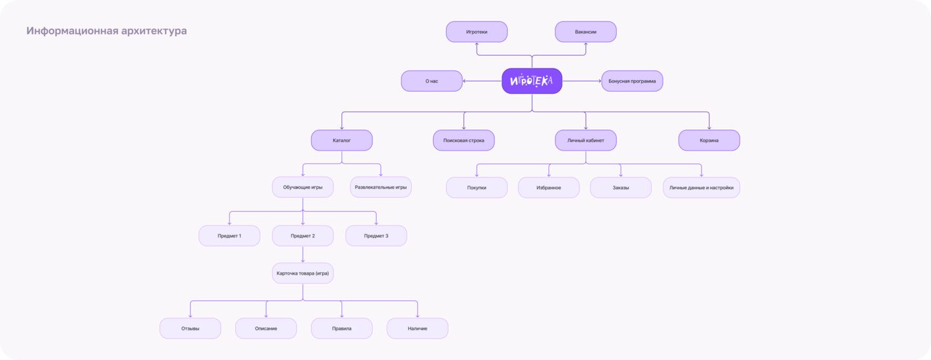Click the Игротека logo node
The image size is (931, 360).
click(532, 81)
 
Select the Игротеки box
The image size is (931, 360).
click(476, 32)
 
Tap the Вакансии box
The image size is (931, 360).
click(586, 32)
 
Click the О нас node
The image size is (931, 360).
click(432, 81)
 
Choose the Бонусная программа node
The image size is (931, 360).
click(632, 81)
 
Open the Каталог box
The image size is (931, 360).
click(341, 140)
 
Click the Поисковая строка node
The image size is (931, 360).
click(464, 140)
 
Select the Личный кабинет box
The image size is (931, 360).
click(586, 140)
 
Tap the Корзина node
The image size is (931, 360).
click(709, 140)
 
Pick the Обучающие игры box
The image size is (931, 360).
click(303, 187)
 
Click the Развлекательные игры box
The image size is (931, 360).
click(381, 187)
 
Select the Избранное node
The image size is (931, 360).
click(549, 188)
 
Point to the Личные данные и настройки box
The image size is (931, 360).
click(701, 188)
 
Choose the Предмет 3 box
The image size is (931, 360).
click(376, 236)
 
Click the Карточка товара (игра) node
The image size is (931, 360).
click(303, 273)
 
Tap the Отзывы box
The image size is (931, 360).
click(190, 328)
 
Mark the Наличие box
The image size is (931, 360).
click(417, 328)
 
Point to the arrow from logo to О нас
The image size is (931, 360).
click(482, 81)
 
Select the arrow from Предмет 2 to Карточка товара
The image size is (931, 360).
click(303, 255)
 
